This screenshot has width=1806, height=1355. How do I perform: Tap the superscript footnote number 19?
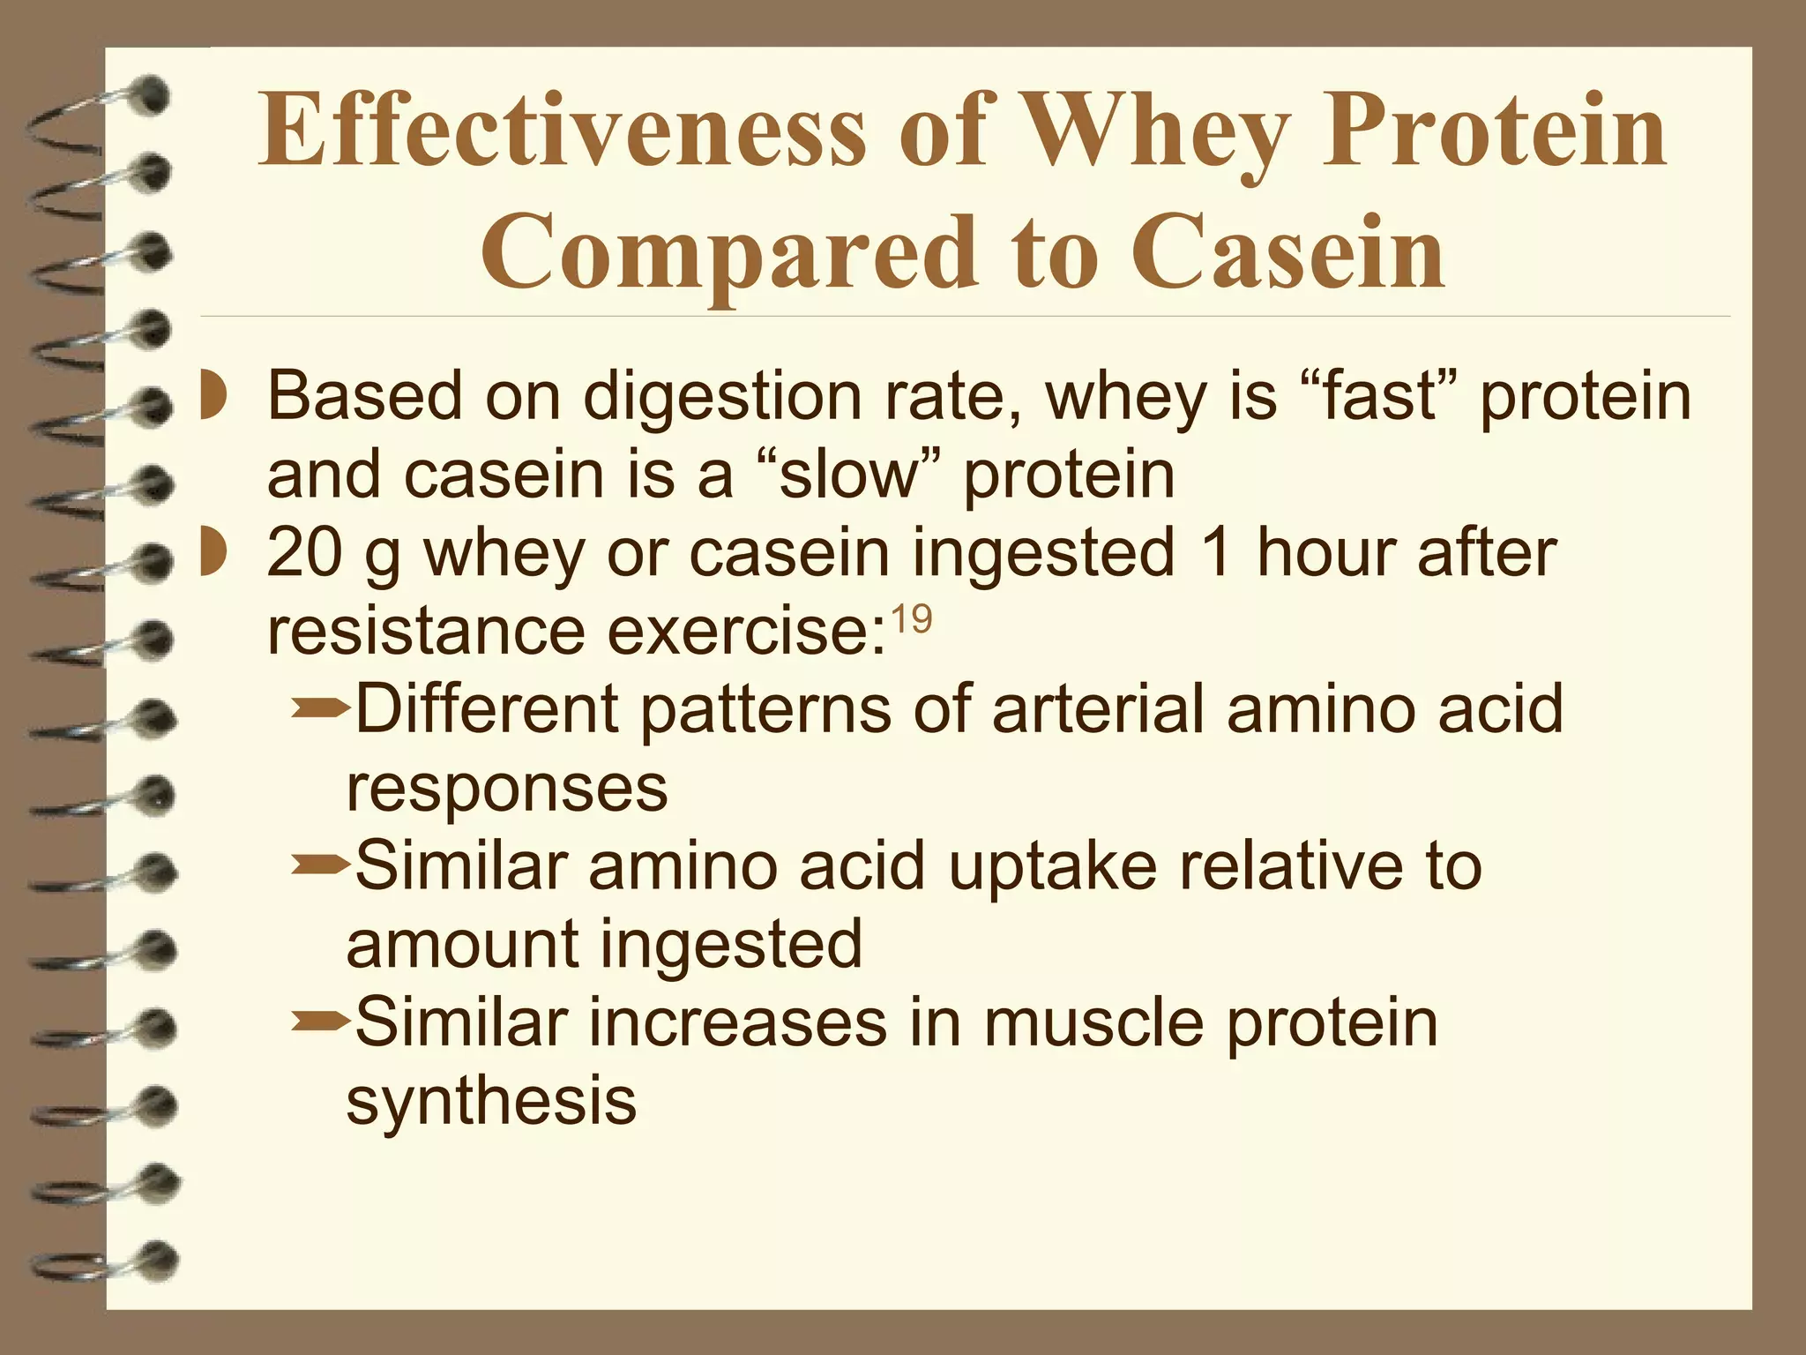click(x=911, y=620)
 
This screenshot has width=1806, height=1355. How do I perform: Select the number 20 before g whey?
click(x=303, y=553)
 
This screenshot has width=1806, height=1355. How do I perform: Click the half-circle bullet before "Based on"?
click(x=212, y=397)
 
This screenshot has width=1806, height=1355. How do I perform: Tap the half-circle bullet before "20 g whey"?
click(x=212, y=553)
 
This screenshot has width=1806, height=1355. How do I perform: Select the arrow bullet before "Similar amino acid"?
click(x=319, y=865)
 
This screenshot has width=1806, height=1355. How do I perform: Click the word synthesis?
click(x=491, y=1102)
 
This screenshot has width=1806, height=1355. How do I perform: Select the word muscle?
click(x=1093, y=1022)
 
